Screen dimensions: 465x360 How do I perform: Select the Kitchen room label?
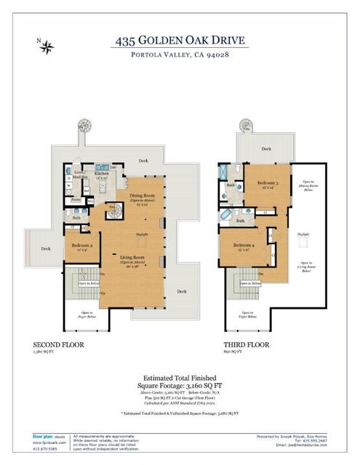point(102,174)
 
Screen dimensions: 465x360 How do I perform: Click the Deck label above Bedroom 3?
point(266,149)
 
